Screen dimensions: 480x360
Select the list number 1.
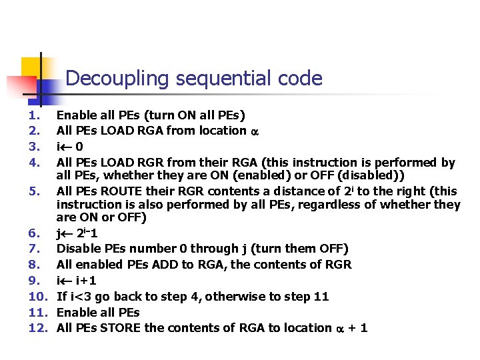[x=33, y=115]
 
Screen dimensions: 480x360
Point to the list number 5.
[x=33, y=191]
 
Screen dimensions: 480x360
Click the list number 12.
[x=36, y=327]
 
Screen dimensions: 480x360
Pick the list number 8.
[x=33, y=264]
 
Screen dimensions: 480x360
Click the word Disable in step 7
[x=79, y=249]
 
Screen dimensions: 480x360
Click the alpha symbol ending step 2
[x=254, y=131]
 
